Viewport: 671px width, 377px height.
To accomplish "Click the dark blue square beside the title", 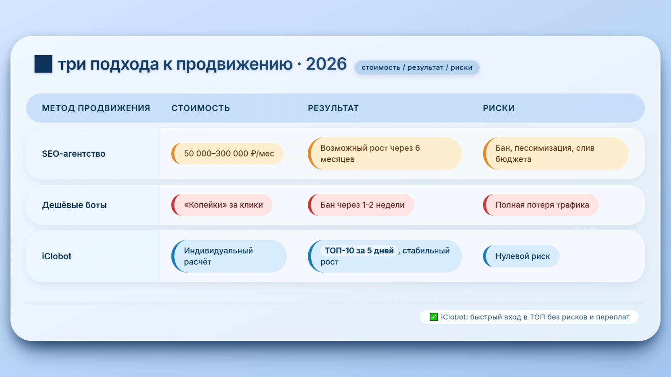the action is pyautogui.click(x=44, y=64).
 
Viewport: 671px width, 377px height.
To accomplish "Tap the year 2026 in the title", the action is pyautogui.click(x=326, y=64).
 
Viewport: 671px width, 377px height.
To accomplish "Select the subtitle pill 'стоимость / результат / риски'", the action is pyautogui.click(x=417, y=67).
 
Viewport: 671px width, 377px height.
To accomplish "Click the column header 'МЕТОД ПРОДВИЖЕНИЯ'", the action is pyautogui.click(x=96, y=108).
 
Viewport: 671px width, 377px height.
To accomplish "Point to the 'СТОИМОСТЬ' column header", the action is pyautogui.click(x=201, y=108).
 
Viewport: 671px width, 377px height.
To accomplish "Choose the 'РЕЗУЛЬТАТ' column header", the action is pyautogui.click(x=333, y=108).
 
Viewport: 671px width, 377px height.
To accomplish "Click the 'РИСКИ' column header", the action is pyautogui.click(x=499, y=108).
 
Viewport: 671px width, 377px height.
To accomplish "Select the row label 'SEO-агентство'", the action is pyautogui.click(x=74, y=153).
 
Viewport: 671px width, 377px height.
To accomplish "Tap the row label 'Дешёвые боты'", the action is pyautogui.click(x=74, y=205).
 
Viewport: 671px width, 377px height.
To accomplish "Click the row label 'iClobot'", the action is pyautogui.click(x=57, y=256).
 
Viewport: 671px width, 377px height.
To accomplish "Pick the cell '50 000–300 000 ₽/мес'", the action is pyautogui.click(x=227, y=153).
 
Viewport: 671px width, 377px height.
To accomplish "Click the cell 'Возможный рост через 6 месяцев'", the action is pyautogui.click(x=385, y=153).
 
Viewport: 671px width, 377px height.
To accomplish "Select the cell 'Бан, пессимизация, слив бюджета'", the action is pyautogui.click(x=556, y=153).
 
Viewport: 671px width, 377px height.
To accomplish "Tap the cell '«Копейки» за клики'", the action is pyautogui.click(x=222, y=205).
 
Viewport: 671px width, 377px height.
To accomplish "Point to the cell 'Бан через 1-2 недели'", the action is pyautogui.click(x=361, y=205).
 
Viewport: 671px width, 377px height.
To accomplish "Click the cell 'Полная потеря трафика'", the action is pyautogui.click(x=541, y=205).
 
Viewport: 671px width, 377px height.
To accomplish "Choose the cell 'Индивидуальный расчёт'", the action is pyautogui.click(x=229, y=256).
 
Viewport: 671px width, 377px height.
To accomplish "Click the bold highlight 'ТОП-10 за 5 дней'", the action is pyautogui.click(x=359, y=250).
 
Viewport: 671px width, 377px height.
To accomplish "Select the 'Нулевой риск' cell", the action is pyautogui.click(x=521, y=256).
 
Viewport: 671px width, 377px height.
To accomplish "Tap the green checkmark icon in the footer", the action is pyautogui.click(x=434, y=317).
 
